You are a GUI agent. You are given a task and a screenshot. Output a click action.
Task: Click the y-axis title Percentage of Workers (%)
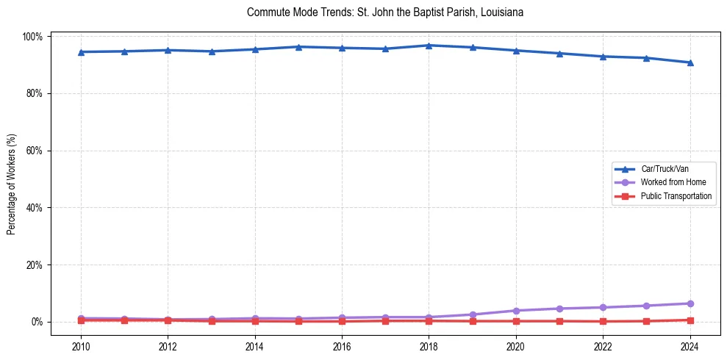pos(12,179)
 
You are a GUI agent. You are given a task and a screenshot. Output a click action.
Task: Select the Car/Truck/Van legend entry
pos(664,169)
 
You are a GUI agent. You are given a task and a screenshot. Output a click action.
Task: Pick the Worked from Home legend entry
pos(673,182)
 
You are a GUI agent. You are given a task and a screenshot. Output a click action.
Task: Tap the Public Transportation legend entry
pos(676,196)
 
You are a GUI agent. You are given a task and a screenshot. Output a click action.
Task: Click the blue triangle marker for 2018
pos(429,46)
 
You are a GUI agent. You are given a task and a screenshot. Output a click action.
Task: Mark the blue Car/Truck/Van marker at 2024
pos(690,62)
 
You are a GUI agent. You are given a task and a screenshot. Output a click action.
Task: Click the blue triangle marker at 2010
pos(81,52)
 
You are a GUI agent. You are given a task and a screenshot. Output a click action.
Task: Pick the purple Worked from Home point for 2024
pos(690,303)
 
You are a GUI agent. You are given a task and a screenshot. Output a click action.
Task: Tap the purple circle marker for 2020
pos(516,311)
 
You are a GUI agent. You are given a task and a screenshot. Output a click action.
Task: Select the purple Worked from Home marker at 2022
pos(603,307)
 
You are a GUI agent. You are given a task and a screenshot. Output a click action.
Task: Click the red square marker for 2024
pos(690,320)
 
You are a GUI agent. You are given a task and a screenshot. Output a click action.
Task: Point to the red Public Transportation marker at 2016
pos(342,321)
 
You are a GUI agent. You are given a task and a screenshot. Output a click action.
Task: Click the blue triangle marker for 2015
pos(298,47)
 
